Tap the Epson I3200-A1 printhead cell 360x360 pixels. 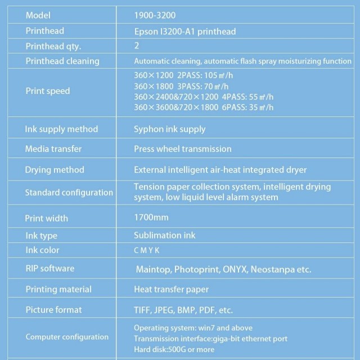(184, 31)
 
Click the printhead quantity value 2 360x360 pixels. (137, 46)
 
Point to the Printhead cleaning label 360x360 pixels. (62, 61)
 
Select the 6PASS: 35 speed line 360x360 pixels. (204, 106)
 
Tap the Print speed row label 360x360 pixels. (48, 91)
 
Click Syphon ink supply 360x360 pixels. (169, 129)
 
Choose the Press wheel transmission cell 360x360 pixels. (182, 148)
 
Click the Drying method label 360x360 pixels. (55, 169)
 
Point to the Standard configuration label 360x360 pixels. (69, 192)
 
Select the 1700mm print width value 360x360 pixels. (151, 217)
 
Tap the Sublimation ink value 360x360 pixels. (165, 235)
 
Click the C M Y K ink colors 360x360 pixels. (147, 250)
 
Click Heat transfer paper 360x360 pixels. (171, 289)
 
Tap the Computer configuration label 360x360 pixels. (67, 337)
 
